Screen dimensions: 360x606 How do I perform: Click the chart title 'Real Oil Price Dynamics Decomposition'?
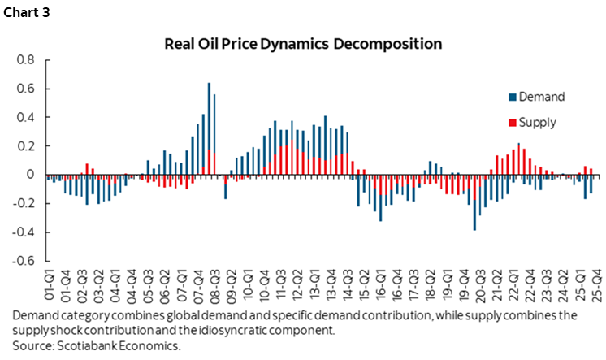(304, 41)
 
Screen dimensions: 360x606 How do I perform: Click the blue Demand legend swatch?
(511, 98)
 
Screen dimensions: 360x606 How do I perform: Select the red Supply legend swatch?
(511, 124)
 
